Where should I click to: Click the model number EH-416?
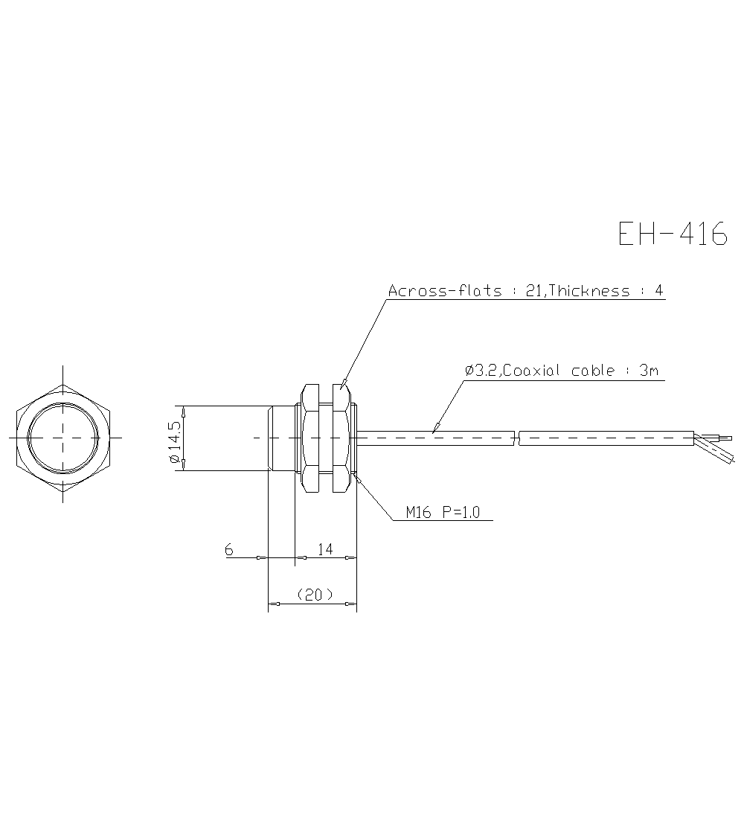tap(673, 234)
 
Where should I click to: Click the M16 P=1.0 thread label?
tap(443, 512)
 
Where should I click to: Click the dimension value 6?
tap(228, 549)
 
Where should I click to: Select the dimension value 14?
tap(324, 549)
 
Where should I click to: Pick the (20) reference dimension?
tap(313, 595)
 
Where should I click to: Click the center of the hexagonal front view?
tap(63, 438)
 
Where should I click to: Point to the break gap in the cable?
tap(516, 438)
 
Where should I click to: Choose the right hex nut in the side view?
tap(341, 438)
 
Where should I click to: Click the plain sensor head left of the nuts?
tap(281, 438)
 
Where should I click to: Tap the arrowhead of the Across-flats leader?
tap(344, 385)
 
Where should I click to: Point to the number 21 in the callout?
tap(533, 291)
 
